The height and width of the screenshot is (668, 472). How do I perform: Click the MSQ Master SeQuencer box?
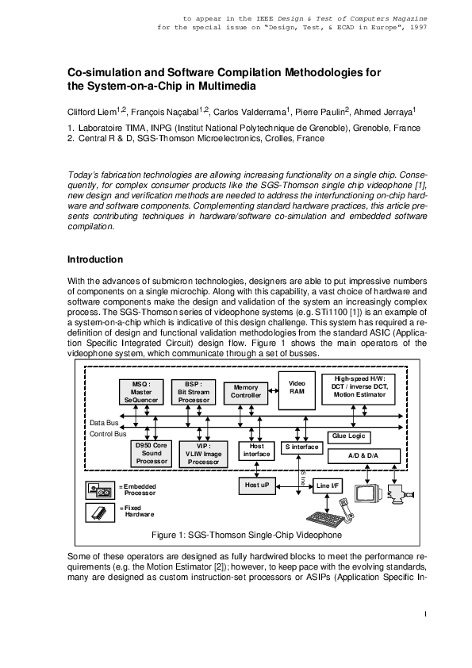[x=142, y=391]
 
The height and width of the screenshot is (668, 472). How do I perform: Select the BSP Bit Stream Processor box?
[x=193, y=391]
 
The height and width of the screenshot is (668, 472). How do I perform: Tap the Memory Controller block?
[x=246, y=391]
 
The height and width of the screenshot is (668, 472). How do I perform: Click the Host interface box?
[x=256, y=451]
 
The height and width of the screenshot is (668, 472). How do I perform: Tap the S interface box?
[x=301, y=447]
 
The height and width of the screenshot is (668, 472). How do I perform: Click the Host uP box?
[x=256, y=484]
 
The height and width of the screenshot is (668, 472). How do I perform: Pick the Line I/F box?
[x=327, y=484]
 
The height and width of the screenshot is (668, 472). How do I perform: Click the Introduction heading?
[x=94, y=259]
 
